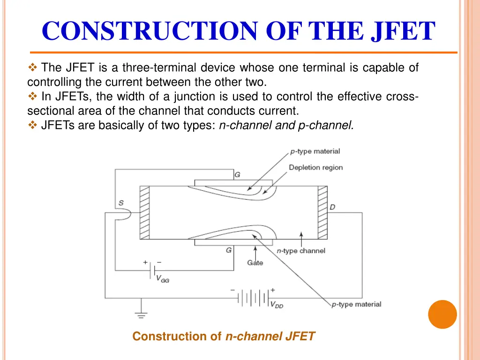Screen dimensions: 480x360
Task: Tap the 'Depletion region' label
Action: pyautogui.click(x=315, y=167)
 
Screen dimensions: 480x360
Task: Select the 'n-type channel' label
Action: pyautogui.click(x=300, y=251)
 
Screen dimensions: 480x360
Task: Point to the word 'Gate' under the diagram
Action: pyautogui.click(x=255, y=262)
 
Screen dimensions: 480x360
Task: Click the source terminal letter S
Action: pyautogui.click(x=121, y=203)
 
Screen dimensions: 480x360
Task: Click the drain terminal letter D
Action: pyautogui.click(x=332, y=207)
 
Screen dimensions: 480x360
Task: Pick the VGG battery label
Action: pyautogui.click(x=162, y=278)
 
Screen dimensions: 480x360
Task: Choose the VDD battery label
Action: pyautogui.click(x=277, y=305)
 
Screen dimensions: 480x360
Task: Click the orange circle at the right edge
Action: pyautogui.click(x=442, y=314)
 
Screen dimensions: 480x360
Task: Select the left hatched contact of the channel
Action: pyautogui.click(x=144, y=212)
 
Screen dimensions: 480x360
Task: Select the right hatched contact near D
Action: pyautogui.click(x=322, y=212)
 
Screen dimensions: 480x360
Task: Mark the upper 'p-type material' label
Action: pyautogui.click(x=315, y=151)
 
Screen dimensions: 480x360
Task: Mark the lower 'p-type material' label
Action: pyautogui.click(x=356, y=305)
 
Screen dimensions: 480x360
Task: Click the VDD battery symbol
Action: pyautogui.click(x=253, y=297)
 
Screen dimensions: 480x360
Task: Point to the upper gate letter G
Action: pyautogui.click(x=237, y=175)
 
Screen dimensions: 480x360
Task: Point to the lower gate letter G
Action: pyautogui.click(x=229, y=250)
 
